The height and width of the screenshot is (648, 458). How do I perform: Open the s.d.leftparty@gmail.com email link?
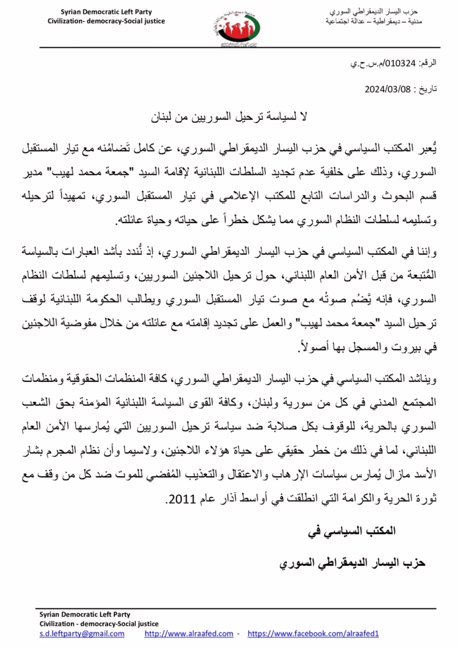(x=82, y=634)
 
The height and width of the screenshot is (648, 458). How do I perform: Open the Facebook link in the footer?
(x=313, y=634)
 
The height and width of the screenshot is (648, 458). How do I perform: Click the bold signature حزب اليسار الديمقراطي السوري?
(x=352, y=563)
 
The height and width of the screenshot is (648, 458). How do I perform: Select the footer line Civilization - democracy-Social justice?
(x=93, y=624)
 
